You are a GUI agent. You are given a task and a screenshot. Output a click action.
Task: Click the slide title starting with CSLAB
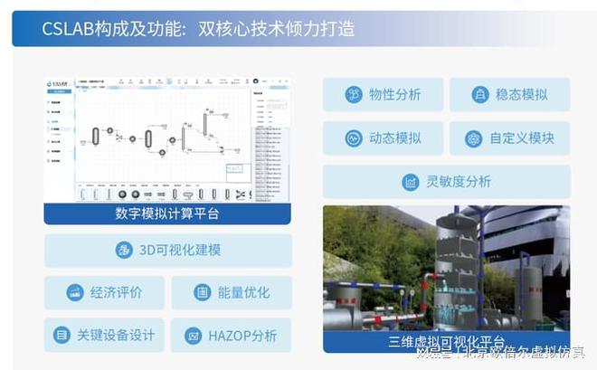tap(198, 29)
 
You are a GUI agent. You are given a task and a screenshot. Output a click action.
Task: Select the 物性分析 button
tap(383, 95)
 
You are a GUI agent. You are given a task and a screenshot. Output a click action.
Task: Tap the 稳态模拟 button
tap(509, 95)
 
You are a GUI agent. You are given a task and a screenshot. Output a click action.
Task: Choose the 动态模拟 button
tap(383, 138)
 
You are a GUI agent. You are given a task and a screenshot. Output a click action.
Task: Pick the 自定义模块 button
tap(509, 138)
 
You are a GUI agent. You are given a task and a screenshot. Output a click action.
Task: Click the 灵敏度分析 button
tap(446, 182)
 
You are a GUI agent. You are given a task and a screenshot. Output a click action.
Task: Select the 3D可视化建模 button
tap(167, 251)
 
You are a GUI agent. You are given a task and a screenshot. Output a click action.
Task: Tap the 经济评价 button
tap(104, 293)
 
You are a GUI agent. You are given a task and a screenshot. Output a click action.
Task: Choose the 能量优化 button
tap(231, 293)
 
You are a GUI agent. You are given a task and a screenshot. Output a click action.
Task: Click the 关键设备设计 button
tap(104, 336)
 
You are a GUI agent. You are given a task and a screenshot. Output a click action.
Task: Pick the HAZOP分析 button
tap(231, 336)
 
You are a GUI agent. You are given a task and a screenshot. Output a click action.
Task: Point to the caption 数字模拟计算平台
tap(167, 213)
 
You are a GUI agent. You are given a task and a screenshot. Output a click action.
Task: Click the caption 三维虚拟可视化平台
tap(446, 342)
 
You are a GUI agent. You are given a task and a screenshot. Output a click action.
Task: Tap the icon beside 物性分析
tap(354, 95)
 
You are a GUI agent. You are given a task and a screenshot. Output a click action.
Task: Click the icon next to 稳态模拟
tap(480, 95)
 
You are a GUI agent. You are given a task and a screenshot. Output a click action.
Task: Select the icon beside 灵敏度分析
tap(411, 182)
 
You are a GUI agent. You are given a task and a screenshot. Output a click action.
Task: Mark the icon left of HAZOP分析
tap(193, 336)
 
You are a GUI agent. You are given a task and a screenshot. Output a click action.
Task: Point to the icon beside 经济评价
tap(75, 293)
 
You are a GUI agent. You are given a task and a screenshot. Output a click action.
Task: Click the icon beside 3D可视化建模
tap(124, 251)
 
